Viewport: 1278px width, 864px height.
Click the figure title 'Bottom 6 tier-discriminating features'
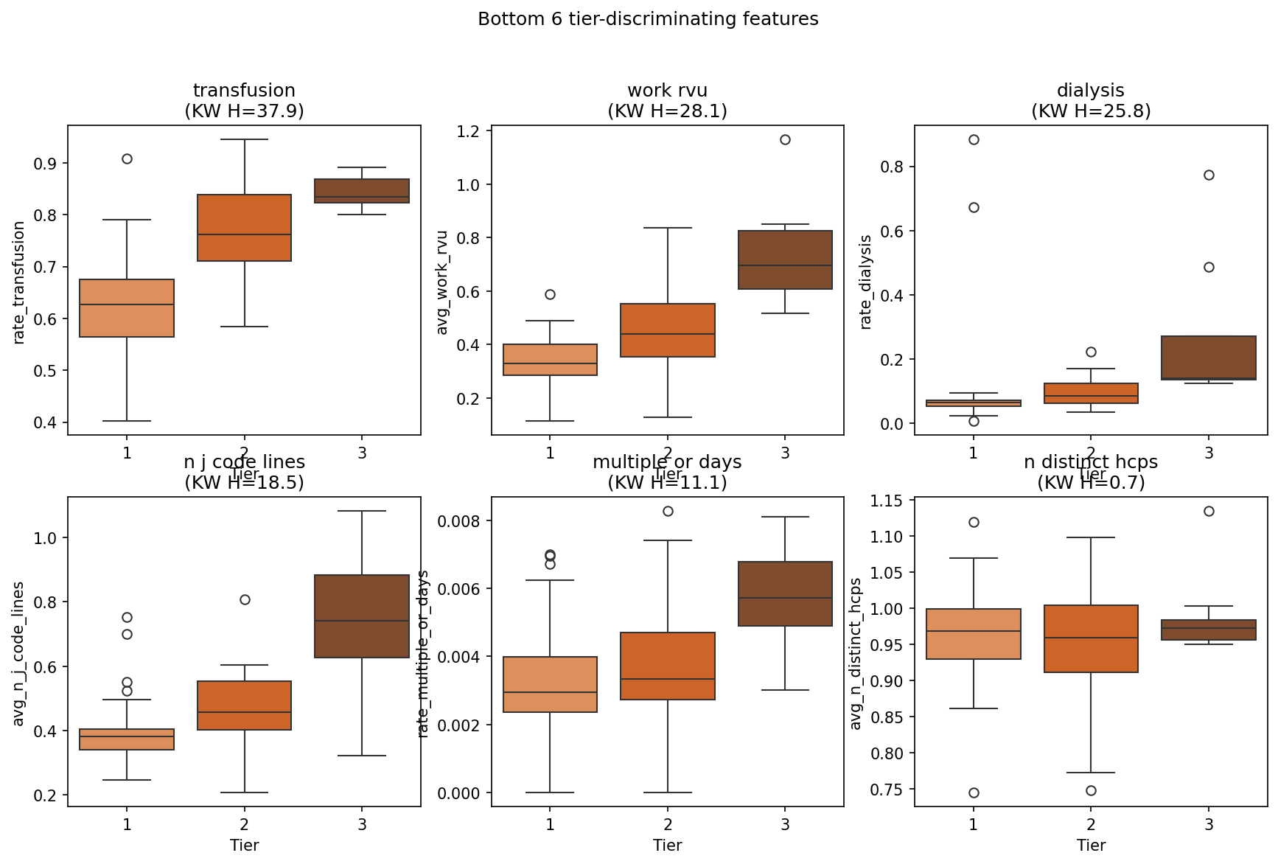(x=648, y=19)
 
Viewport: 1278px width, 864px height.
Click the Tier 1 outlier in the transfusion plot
(x=127, y=158)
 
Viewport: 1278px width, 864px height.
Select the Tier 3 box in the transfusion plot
(x=362, y=190)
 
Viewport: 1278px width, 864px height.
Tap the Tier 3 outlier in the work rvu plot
(x=785, y=139)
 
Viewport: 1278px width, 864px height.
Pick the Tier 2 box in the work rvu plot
(x=668, y=330)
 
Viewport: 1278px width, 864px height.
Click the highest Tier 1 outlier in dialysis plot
(x=974, y=139)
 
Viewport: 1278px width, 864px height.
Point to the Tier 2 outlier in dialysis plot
(x=1091, y=352)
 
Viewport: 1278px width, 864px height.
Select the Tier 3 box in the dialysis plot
(x=1209, y=358)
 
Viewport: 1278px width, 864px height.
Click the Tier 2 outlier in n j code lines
(x=245, y=599)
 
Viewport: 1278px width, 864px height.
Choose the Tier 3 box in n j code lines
(x=362, y=616)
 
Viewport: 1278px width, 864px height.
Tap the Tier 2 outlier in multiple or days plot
(x=668, y=511)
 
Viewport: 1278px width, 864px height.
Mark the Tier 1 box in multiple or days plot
(x=550, y=684)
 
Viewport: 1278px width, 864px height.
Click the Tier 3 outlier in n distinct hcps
(x=1209, y=511)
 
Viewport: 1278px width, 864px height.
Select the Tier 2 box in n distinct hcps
(x=1091, y=638)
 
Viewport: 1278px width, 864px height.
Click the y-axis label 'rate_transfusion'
(x=20, y=282)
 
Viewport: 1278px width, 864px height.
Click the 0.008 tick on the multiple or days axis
(x=459, y=521)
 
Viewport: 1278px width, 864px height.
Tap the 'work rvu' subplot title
(x=667, y=91)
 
